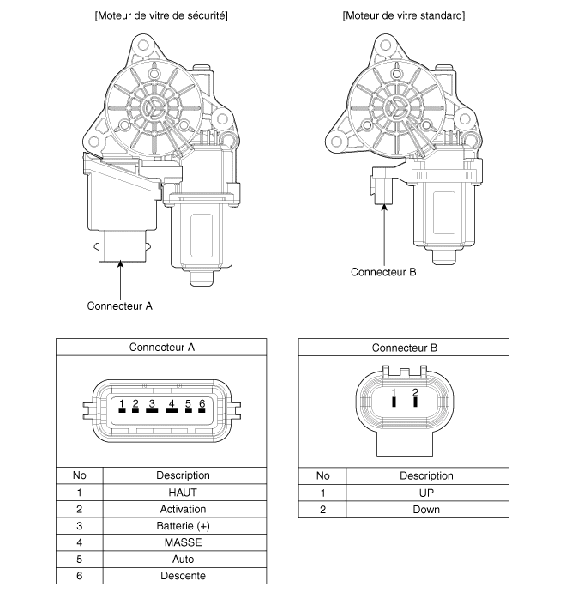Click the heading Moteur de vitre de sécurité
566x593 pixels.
pyautogui.click(x=160, y=15)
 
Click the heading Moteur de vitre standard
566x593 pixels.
pyautogui.click(x=403, y=15)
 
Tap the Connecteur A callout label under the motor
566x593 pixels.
pyautogui.click(x=119, y=305)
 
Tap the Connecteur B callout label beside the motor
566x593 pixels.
pyautogui.click(x=383, y=272)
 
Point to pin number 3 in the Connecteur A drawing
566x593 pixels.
pyautogui.click(x=151, y=404)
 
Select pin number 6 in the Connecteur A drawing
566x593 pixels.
pyautogui.click(x=202, y=404)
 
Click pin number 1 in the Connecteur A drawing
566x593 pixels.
pyautogui.click(x=123, y=404)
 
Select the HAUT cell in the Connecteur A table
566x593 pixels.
pyautogui.click(x=183, y=493)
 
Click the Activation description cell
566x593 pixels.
pyautogui.click(x=183, y=509)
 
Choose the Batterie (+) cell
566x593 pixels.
pyautogui.click(x=183, y=526)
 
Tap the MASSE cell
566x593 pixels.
pyautogui.click(x=183, y=542)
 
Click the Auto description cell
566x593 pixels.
pyautogui.click(x=183, y=560)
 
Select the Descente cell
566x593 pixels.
pyautogui.click(x=183, y=576)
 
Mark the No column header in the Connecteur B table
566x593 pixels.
pyautogui.click(x=323, y=475)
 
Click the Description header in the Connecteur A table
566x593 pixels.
pyautogui.click(x=183, y=475)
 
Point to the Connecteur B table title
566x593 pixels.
pyautogui.click(x=404, y=348)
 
